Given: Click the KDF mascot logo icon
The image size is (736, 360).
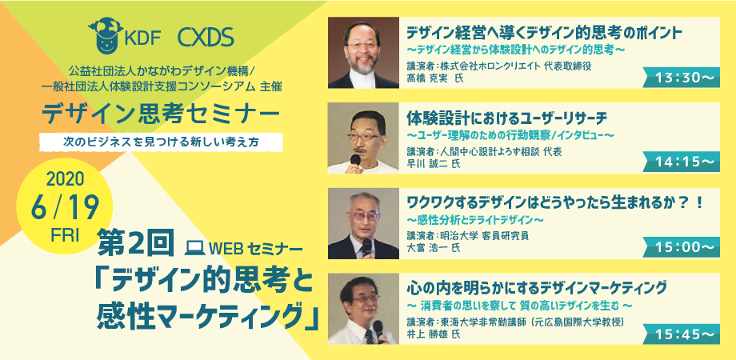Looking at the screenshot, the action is point(106,36).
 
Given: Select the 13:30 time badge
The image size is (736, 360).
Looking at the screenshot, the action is point(681,78).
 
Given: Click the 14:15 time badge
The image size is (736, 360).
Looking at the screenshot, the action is point(681,162).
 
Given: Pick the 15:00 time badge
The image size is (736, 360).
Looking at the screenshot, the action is point(681,247).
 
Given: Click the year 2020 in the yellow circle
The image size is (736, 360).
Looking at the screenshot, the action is point(65,180).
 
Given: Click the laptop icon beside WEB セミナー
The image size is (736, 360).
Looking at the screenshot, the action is point(194,247).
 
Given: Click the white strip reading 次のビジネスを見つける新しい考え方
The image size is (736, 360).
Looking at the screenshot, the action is point(161,142).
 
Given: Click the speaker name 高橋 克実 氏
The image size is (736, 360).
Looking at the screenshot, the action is point(434,78).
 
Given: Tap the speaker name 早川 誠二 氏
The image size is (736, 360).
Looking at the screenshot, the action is point(434,163).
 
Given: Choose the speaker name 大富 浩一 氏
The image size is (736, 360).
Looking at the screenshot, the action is point(434,247).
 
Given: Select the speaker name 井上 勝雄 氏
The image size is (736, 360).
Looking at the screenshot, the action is point(434,334).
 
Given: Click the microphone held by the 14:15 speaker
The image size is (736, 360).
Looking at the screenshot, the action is point(355,161).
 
